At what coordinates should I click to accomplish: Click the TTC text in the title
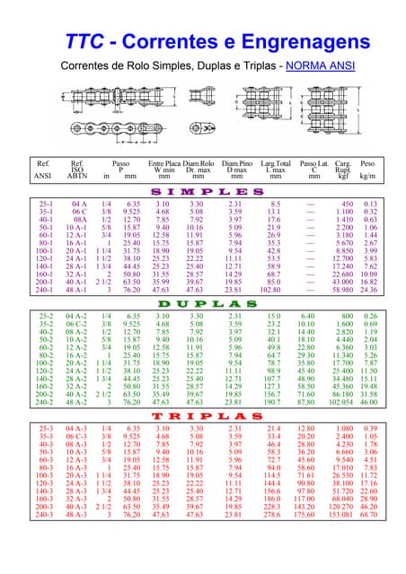(86, 42)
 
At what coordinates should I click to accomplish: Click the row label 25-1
(46, 204)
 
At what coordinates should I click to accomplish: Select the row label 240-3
(45, 541)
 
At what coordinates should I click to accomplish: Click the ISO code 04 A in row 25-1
(79, 204)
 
